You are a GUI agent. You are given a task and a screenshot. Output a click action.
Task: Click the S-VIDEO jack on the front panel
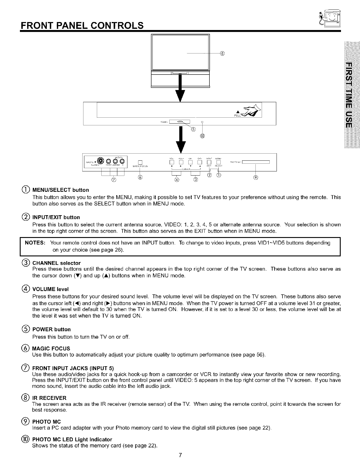click(x=101, y=161)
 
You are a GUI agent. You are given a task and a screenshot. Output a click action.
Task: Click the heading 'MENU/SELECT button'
click(x=61, y=190)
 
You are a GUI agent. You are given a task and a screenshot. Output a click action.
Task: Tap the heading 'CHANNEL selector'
click(x=56, y=263)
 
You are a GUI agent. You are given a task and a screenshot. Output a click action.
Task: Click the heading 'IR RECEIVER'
click(x=49, y=398)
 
